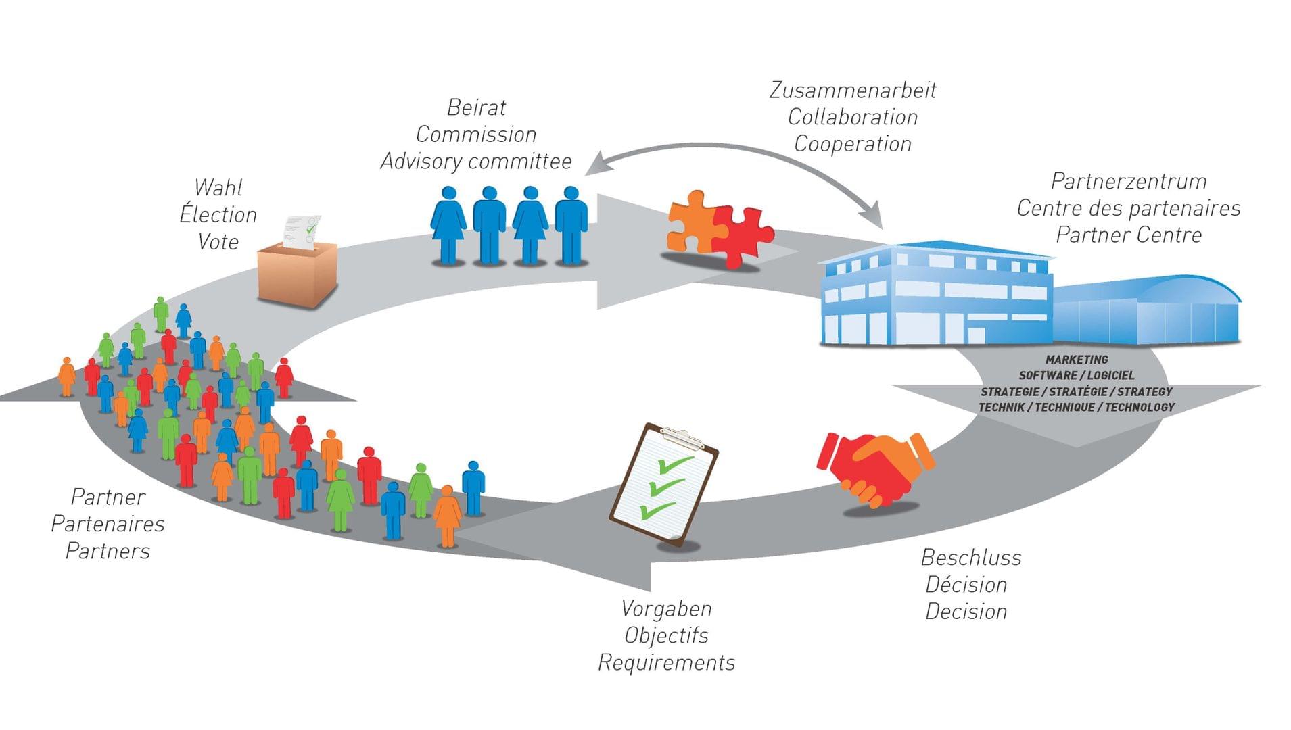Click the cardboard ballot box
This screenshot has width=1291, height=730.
point(297,274)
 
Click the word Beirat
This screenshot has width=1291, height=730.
point(476,107)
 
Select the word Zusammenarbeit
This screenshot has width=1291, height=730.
point(852,90)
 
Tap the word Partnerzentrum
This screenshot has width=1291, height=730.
point(1128,181)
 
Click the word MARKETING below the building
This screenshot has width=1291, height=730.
point(1077,360)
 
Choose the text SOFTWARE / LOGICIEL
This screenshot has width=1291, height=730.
point(1077,375)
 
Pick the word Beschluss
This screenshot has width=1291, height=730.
point(970,558)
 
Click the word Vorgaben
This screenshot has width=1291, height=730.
point(666,608)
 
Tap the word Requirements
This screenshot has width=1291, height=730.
point(666,662)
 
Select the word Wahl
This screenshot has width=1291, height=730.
point(218,187)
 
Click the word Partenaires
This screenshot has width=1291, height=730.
point(108,524)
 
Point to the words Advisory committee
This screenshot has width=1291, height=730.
point(476,162)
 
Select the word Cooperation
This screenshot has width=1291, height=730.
point(852,144)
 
